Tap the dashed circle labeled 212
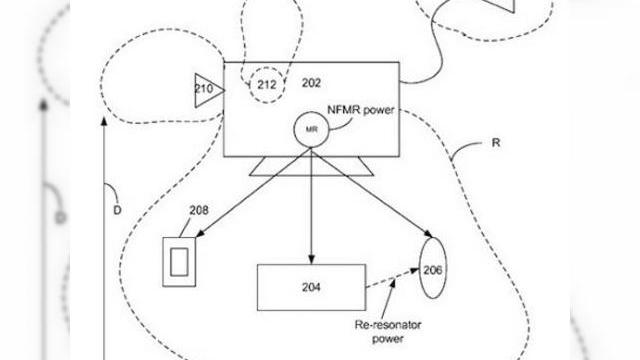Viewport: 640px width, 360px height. pyautogui.click(x=265, y=83)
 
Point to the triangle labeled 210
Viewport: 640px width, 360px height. pyautogui.click(x=206, y=90)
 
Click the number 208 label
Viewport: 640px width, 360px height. pyautogui.click(x=200, y=210)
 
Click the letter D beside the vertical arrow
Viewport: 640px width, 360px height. pyautogui.click(x=116, y=209)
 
